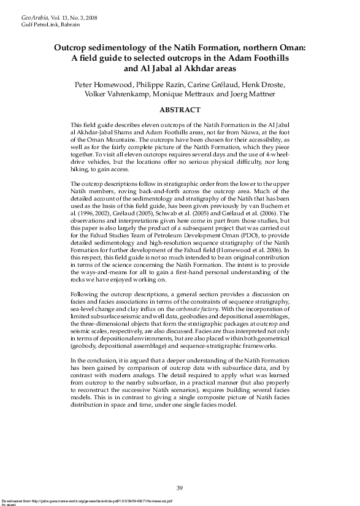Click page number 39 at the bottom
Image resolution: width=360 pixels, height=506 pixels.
[180, 488]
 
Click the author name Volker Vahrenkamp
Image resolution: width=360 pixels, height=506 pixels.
[121, 95]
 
